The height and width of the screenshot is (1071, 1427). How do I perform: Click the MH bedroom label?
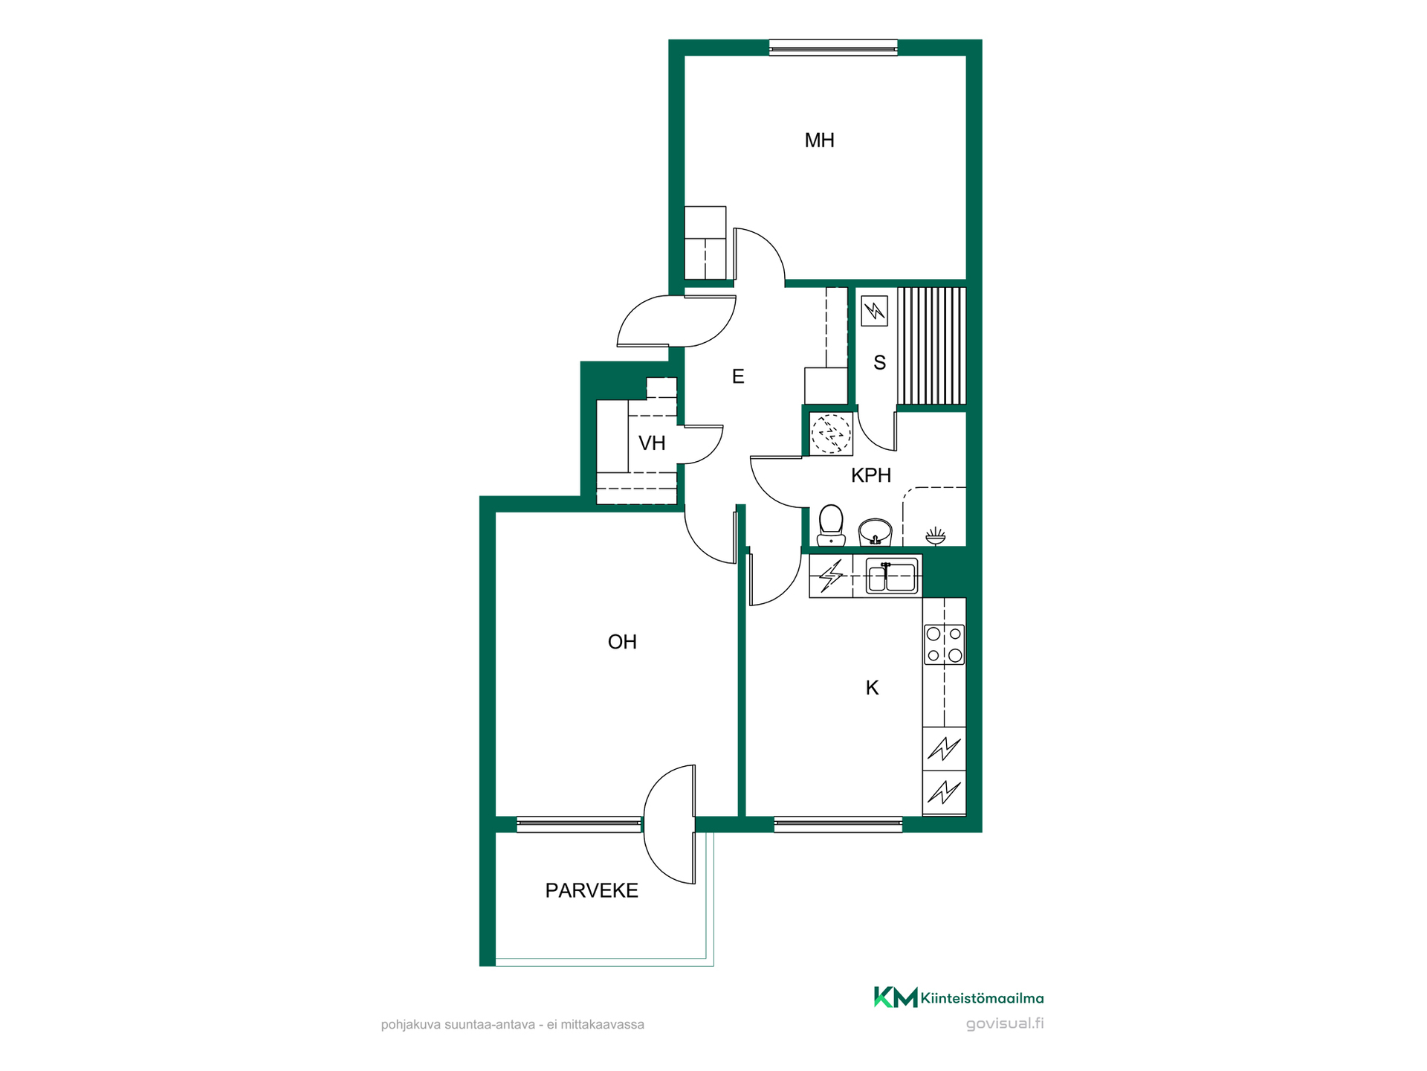click(819, 141)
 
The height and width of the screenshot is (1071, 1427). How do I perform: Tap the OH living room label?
click(622, 642)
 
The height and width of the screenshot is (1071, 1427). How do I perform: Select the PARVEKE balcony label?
click(592, 890)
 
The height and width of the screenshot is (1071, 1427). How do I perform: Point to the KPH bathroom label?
click(870, 475)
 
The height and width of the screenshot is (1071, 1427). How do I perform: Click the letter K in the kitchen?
click(872, 688)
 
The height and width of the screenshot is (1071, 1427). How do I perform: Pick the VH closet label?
click(652, 443)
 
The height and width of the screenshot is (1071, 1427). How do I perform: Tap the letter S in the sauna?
click(879, 363)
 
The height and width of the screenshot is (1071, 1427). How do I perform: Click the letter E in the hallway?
click(737, 376)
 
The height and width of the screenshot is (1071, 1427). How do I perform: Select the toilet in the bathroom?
click(831, 526)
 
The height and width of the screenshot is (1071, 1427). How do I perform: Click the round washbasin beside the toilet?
click(875, 533)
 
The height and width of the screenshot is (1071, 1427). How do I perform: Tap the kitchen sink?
click(892, 576)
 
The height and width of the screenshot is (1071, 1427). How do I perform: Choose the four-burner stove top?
click(944, 644)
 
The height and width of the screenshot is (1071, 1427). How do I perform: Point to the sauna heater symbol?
click(874, 311)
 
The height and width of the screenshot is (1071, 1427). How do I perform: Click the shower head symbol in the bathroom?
click(935, 535)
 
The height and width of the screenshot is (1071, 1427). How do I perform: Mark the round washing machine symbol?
click(830, 433)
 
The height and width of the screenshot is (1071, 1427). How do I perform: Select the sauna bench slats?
click(931, 346)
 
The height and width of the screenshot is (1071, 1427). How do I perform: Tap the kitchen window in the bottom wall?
click(838, 824)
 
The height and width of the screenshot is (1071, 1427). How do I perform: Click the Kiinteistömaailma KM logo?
click(959, 997)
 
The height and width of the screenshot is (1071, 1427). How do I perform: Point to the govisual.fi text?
click(1005, 1023)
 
